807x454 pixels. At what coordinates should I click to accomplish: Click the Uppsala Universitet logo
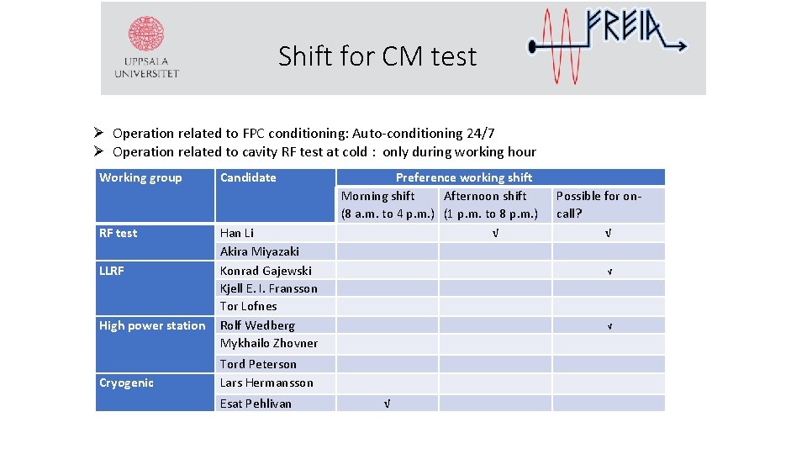(146, 48)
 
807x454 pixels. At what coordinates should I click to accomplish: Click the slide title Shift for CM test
(377, 56)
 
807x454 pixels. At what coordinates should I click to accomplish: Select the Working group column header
(140, 177)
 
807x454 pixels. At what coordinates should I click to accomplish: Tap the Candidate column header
(248, 177)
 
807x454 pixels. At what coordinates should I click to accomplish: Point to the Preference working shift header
(464, 177)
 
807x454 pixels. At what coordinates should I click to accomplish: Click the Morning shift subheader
(378, 196)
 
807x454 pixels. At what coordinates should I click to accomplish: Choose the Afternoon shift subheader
(485, 196)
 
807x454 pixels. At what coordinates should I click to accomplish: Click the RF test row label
(119, 233)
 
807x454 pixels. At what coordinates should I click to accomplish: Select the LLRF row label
(112, 271)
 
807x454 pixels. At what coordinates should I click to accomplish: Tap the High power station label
(152, 325)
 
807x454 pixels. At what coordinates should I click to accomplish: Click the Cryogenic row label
(127, 383)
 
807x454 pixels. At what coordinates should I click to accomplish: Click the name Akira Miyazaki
(260, 251)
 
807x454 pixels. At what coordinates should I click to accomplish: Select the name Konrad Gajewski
(266, 271)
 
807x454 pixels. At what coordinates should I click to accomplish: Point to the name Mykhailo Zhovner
(269, 343)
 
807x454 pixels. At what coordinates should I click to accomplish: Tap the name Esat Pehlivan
(256, 404)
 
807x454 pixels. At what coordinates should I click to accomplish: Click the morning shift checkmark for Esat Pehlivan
(386, 404)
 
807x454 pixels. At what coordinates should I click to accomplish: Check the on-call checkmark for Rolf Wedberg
(609, 326)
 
